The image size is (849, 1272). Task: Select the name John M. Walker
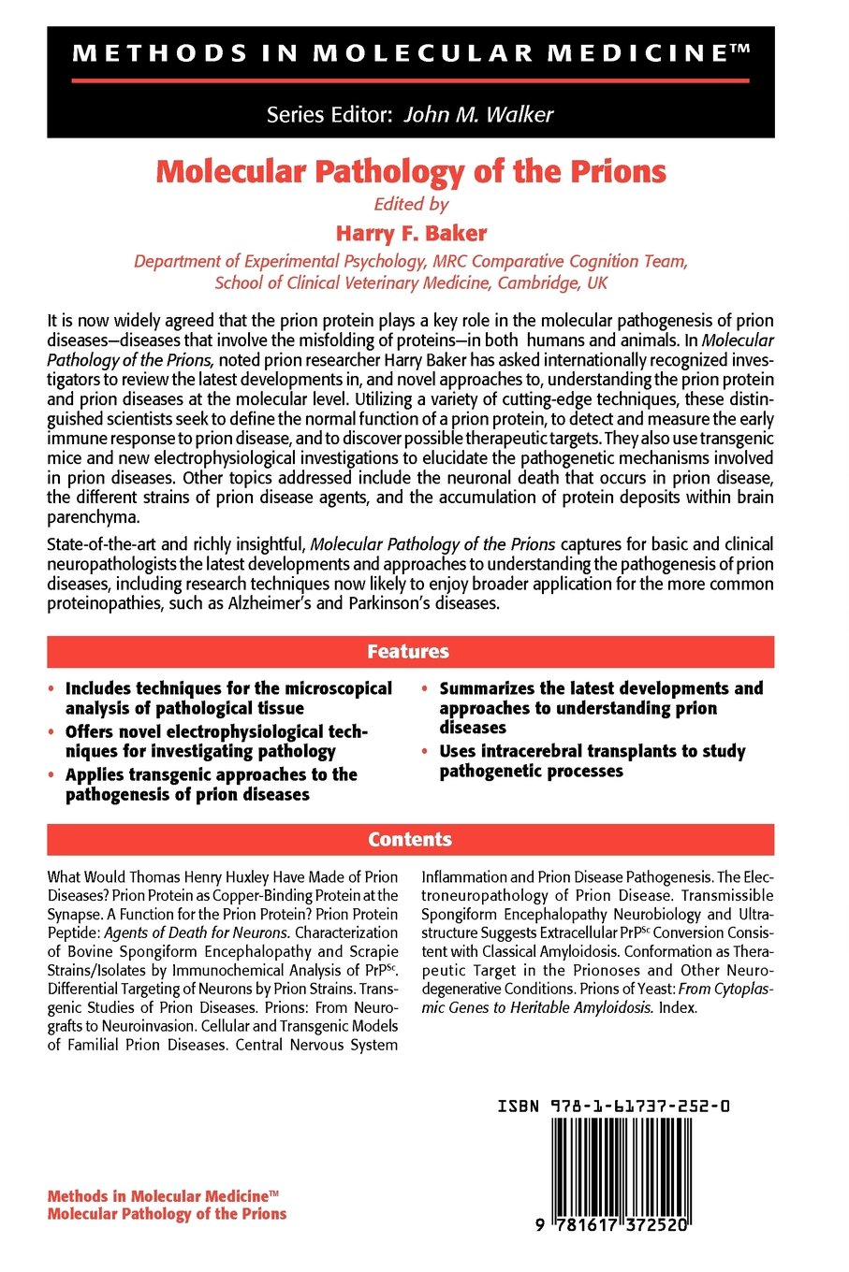pyautogui.click(x=478, y=115)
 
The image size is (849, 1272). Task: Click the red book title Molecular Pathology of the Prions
pyautogui.click(x=411, y=172)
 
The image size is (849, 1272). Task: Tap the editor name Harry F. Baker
pyautogui.click(x=411, y=233)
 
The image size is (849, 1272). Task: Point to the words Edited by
pyautogui.click(x=411, y=204)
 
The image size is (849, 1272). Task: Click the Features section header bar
pyautogui.click(x=410, y=652)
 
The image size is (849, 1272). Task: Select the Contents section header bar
pyautogui.click(x=410, y=840)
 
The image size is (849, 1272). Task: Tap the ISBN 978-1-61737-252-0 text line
pyautogui.click(x=613, y=1106)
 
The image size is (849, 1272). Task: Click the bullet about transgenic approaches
pyautogui.click(x=211, y=785)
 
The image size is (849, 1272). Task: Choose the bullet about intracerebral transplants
pyautogui.click(x=592, y=761)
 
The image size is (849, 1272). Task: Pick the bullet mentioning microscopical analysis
pyautogui.click(x=227, y=699)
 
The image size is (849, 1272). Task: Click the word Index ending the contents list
pyautogui.click(x=678, y=1008)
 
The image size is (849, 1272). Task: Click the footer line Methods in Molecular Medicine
pyautogui.click(x=163, y=1196)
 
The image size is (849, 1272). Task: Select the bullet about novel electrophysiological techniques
pyautogui.click(x=215, y=742)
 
